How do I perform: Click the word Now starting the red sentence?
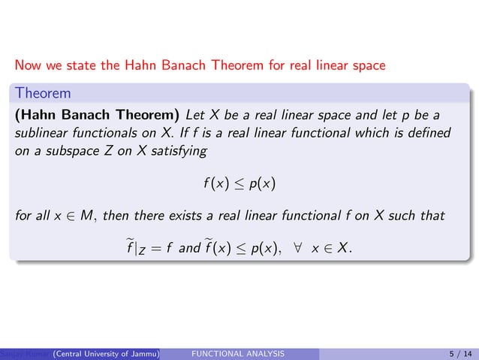tap(27, 65)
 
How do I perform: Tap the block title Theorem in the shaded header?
tap(43, 94)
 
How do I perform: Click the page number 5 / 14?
tap(453, 352)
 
